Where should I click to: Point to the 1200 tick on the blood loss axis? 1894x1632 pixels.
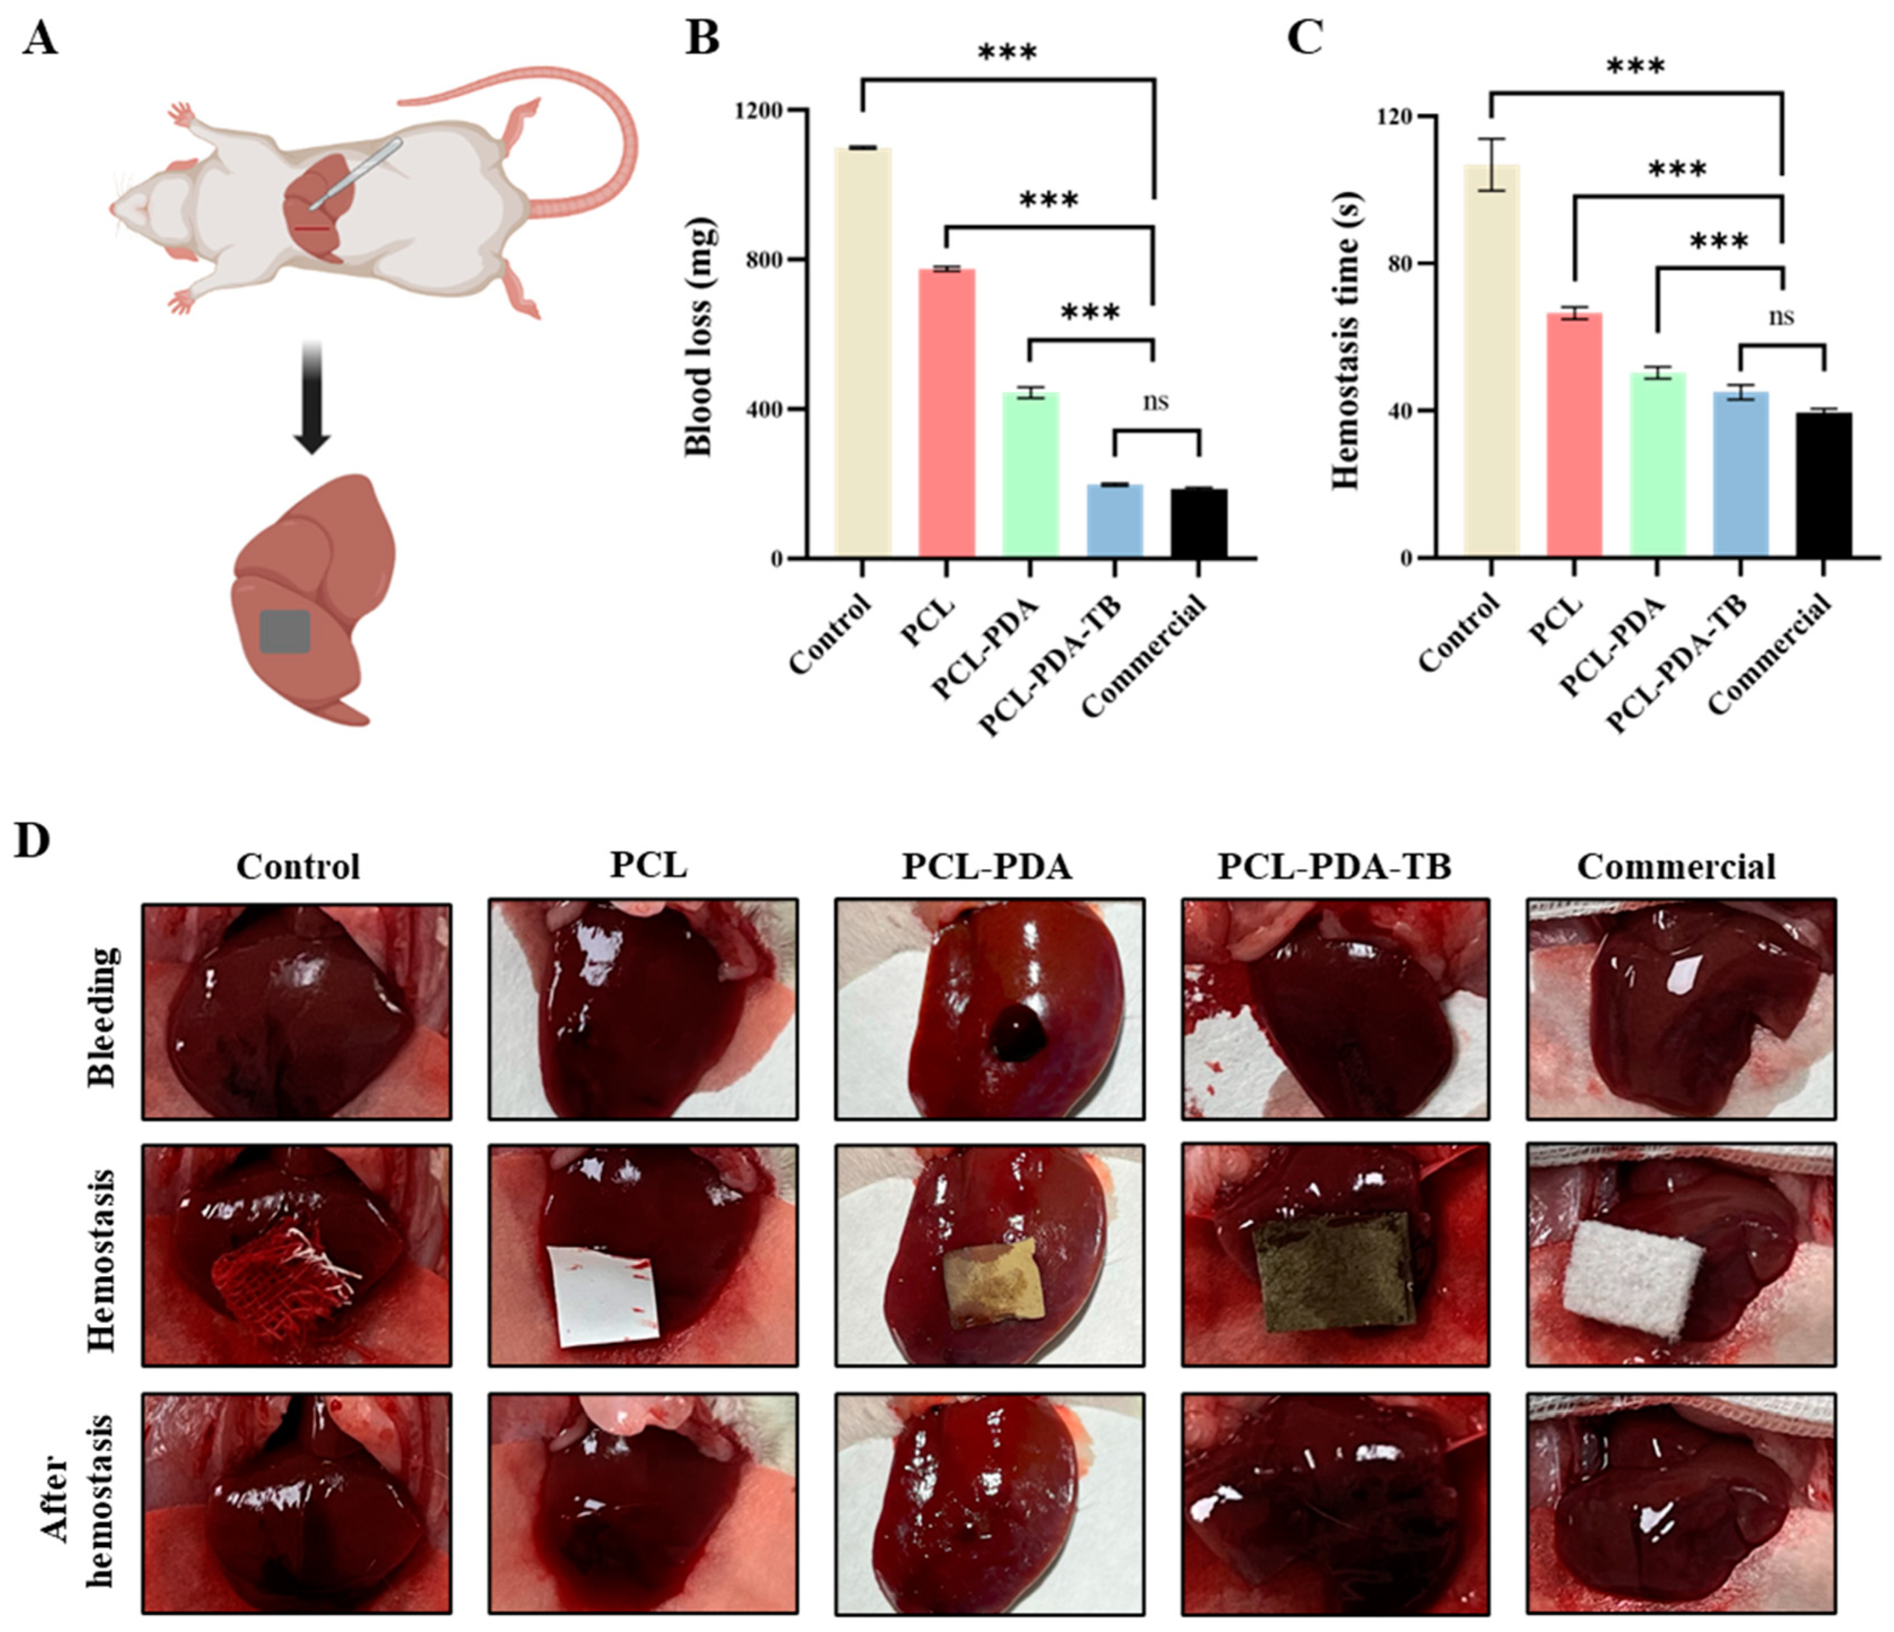point(759,110)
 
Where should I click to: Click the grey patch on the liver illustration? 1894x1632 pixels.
point(285,631)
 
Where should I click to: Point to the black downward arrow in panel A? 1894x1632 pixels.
point(312,397)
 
